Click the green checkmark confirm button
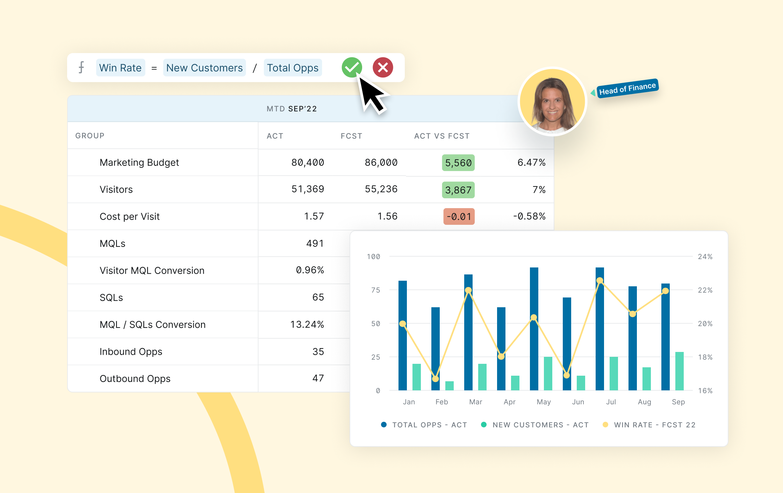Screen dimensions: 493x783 [351, 67]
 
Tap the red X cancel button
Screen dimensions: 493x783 [383, 67]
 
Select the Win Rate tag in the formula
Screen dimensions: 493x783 [120, 68]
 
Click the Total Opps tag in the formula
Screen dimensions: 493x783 [293, 68]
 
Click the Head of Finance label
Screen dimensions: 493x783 [627, 88]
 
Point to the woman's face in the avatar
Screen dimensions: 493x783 [552, 101]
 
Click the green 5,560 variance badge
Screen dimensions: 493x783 [458, 163]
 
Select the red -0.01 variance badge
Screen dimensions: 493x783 [459, 216]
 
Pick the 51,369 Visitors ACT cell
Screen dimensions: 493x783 [308, 189]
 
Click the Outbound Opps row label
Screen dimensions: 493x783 [135, 378]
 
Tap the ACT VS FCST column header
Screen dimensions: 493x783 [441, 136]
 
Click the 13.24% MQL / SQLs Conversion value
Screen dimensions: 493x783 [307, 324]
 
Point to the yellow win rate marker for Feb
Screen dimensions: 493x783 [435, 379]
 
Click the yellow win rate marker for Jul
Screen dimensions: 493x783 [599, 280]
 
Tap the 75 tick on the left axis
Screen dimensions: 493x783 [375, 290]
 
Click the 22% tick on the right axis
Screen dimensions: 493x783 [705, 290]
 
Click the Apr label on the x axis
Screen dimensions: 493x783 [509, 402]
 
